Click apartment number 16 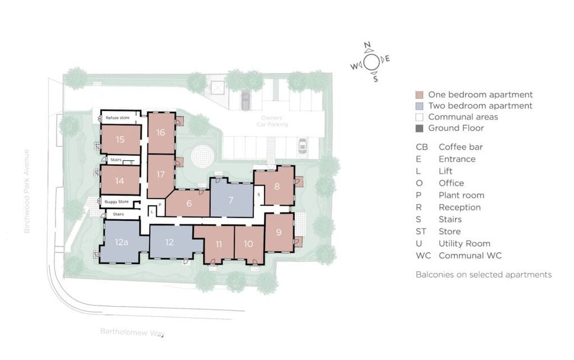coord(161,133)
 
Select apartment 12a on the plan coord(121,242)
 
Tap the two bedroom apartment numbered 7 coord(231,200)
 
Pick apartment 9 coord(279,232)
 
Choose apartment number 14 coord(120,181)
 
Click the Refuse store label coord(118,118)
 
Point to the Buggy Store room coord(117,202)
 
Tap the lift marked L coord(152,211)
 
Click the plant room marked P coord(160,205)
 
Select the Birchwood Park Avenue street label coord(27,191)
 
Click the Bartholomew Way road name coord(133,333)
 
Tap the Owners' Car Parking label coord(272,121)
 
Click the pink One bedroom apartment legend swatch coord(420,95)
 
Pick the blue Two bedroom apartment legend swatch coord(420,106)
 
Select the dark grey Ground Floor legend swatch coord(420,128)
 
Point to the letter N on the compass coord(367,46)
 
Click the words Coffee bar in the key coord(460,147)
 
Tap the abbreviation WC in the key coord(423,256)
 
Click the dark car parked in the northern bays coord(246,100)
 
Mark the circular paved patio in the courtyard coord(202,156)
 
